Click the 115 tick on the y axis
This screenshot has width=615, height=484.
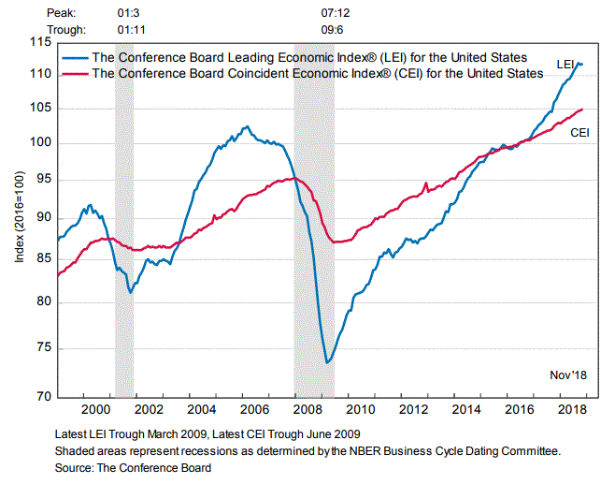[x=40, y=43]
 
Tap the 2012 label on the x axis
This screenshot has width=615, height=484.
[x=414, y=410]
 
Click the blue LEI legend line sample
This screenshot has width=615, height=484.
[x=75, y=58]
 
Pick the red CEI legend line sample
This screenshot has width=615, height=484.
[x=75, y=73]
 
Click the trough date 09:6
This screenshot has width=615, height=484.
[x=334, y=30]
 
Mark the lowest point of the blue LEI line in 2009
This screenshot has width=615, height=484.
[x=327, y=362]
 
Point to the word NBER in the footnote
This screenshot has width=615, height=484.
[x=375, y=449]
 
